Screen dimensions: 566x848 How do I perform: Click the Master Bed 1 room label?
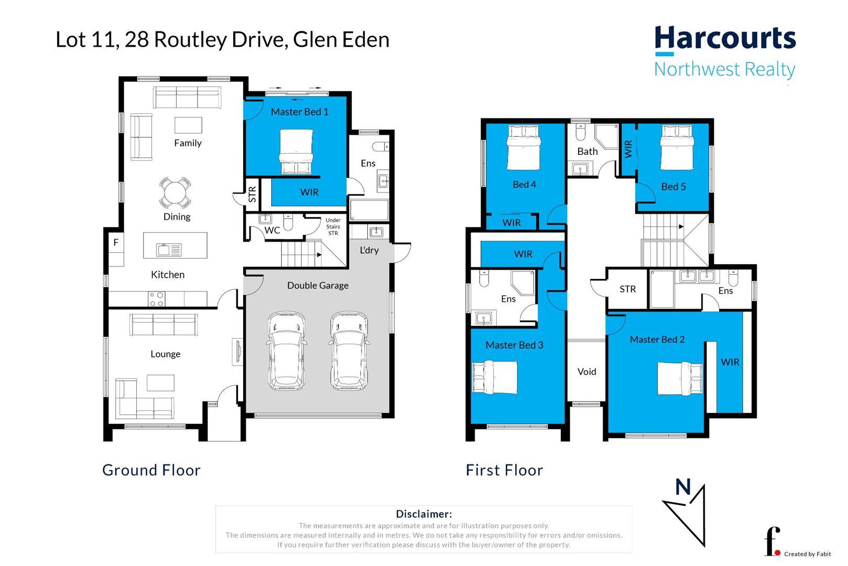299,112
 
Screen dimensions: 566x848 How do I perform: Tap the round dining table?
175,193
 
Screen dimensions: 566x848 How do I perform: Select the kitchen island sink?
169,250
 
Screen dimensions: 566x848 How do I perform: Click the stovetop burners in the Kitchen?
157,299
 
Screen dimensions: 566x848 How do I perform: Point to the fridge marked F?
116,243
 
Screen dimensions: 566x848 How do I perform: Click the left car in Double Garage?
286,351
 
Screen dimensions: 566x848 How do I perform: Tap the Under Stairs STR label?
333,226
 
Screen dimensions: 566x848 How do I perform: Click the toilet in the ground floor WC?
288,222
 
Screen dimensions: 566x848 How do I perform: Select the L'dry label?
369,250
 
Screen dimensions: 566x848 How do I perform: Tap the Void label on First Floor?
586,372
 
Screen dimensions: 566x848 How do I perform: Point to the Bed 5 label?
673,187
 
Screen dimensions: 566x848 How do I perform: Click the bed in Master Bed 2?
680,378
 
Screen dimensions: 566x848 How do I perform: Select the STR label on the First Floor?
627,289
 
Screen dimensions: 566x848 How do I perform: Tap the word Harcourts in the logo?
725,39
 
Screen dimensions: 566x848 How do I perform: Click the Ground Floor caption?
151,470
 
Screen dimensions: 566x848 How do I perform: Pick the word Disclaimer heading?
423,514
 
